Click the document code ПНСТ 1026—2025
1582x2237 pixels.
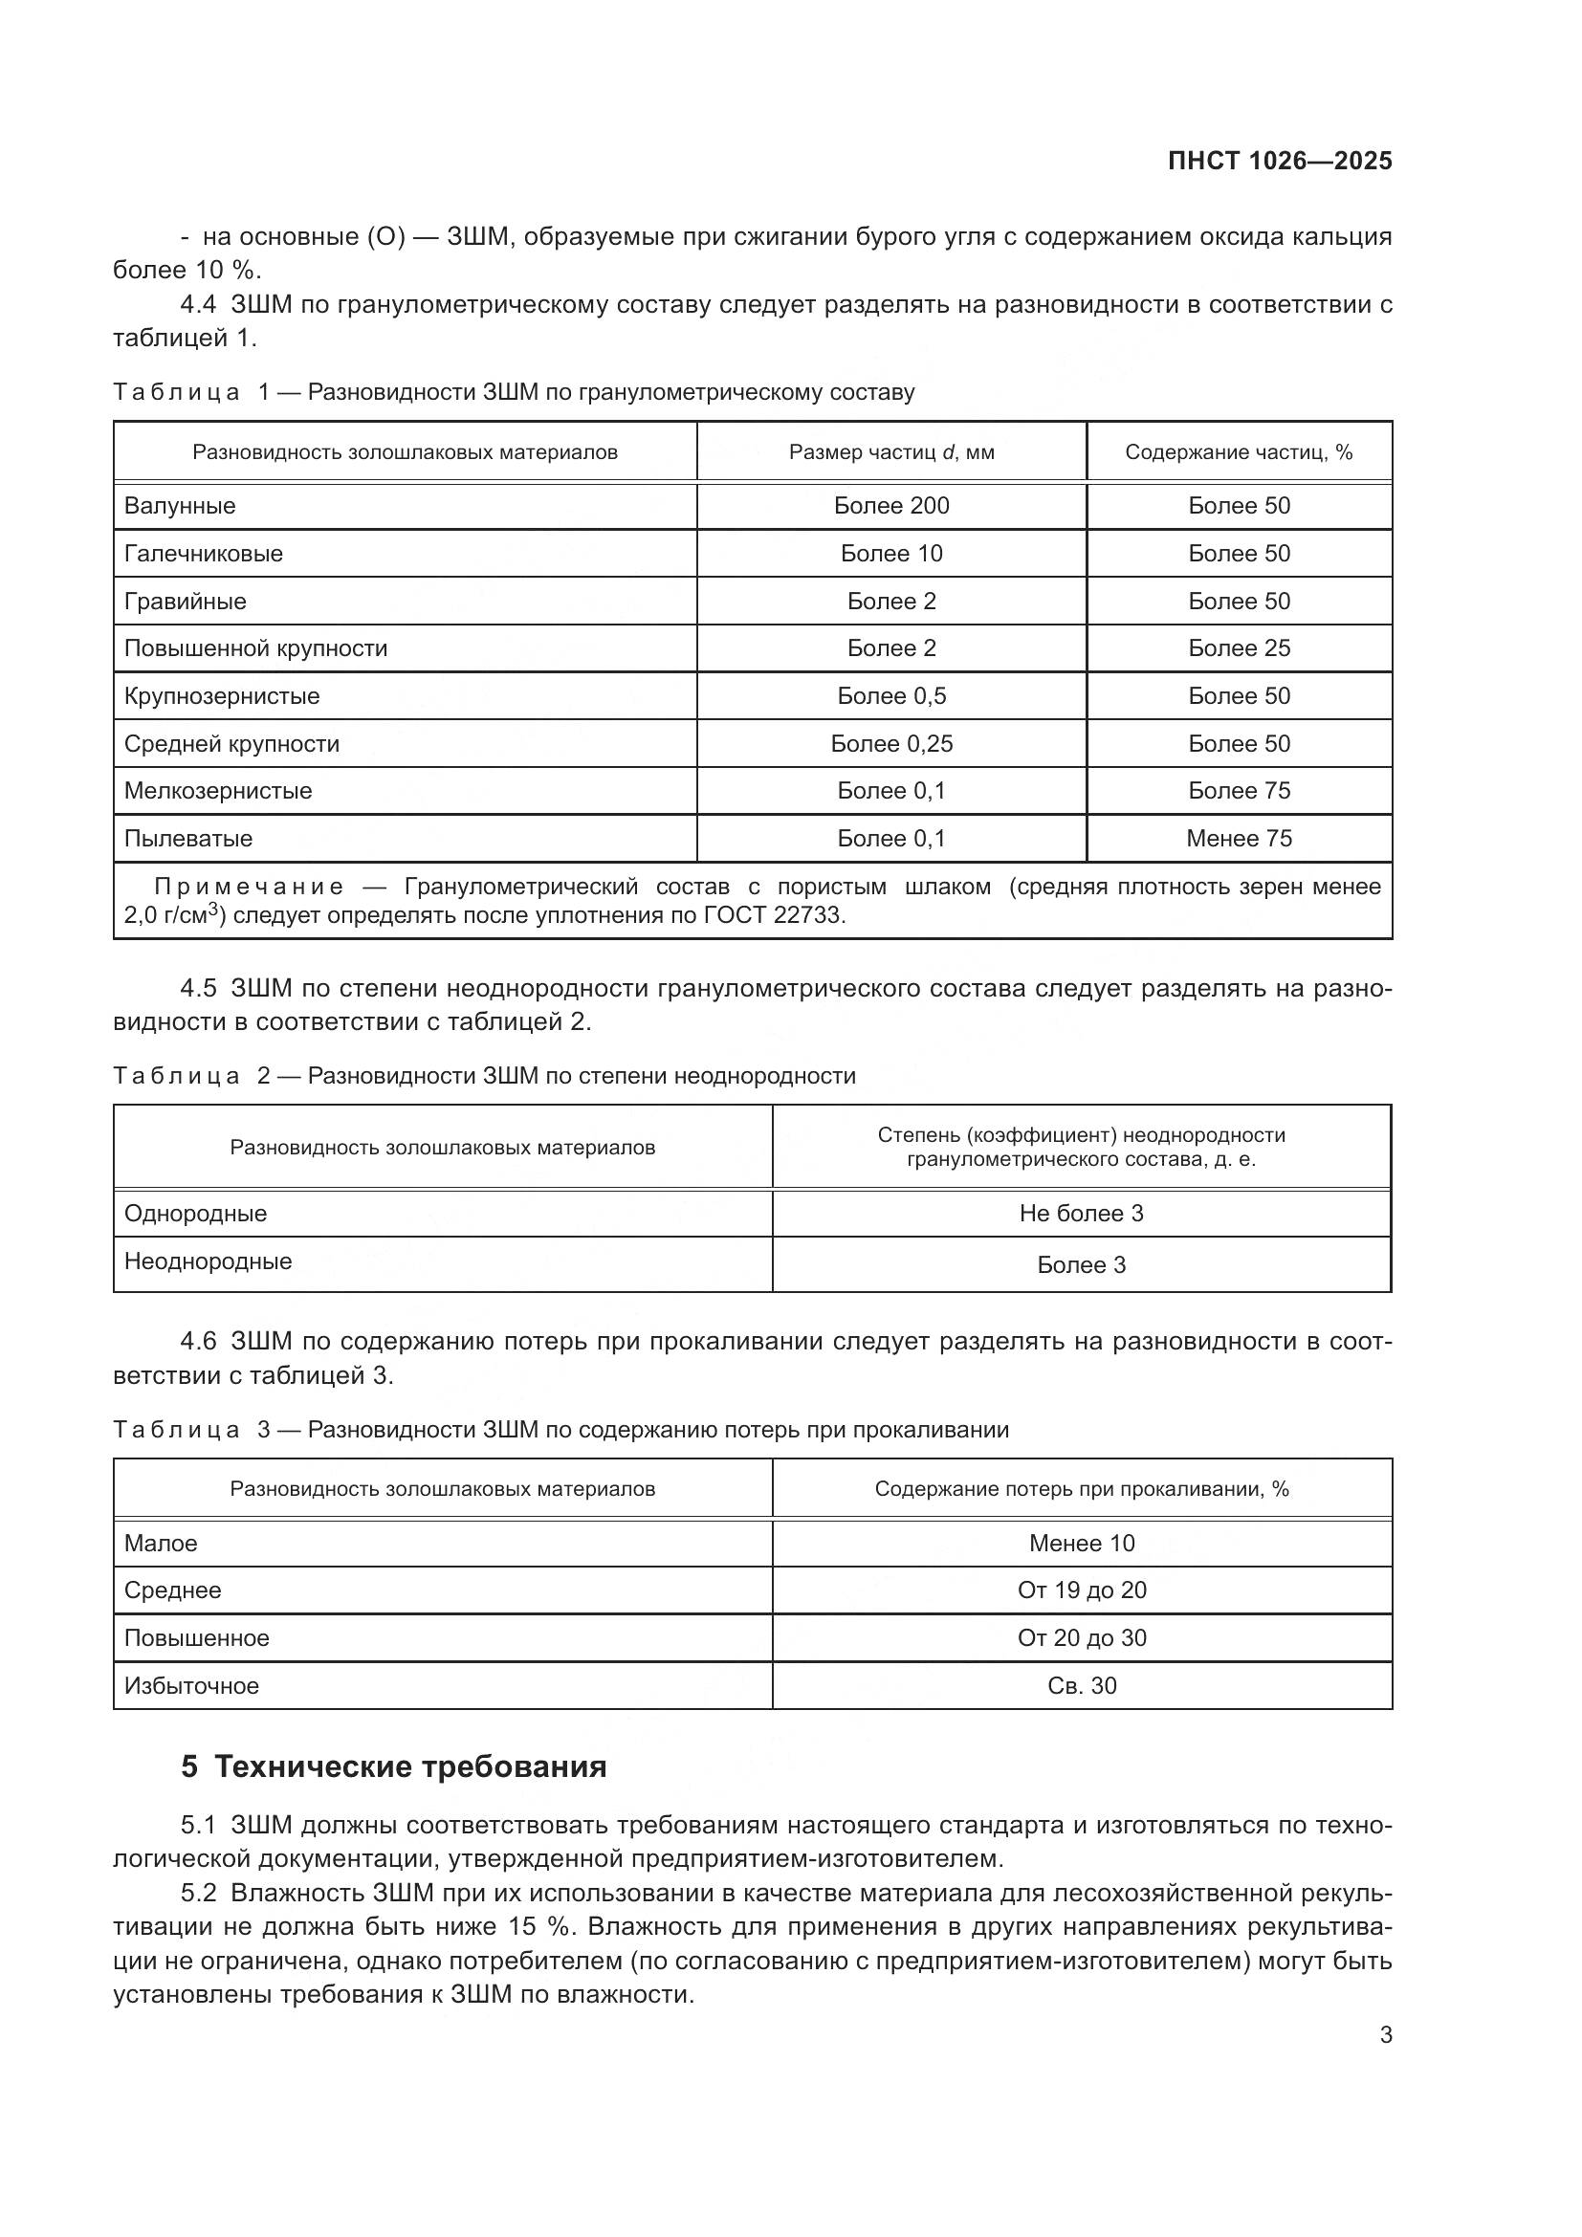(x=1279, y=161)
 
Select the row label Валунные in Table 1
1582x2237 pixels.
(x=180, y=506)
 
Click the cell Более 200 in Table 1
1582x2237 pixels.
(x=890, y=506)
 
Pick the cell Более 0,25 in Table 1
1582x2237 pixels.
(x=890, y=743)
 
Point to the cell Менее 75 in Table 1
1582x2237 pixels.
(x=1238, y=838)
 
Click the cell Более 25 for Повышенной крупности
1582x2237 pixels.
(x=1238, y=647)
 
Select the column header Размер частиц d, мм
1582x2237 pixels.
(x=890, y=452)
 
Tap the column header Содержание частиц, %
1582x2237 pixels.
(x=1238, y=452)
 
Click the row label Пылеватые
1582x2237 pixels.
(x=188, y=838)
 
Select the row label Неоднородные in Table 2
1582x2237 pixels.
(x=208, y=1261)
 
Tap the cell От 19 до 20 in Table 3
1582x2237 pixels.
(x=1082, y=1590)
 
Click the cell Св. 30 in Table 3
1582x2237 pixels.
(x=1082, y=1685)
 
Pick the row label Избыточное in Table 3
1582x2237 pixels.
(x=192, y=1685)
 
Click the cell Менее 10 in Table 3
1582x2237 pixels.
(x=1082, y=1544)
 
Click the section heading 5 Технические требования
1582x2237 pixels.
(x=393, y=1766)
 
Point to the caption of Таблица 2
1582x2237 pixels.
(x=484, y=1076)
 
